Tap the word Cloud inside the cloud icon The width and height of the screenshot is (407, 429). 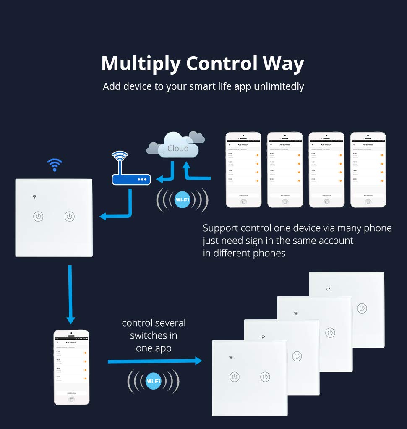[178, 148]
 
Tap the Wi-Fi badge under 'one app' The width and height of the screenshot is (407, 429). [153, 381]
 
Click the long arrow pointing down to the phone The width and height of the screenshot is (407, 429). [70, 294]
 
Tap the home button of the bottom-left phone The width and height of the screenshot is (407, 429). [71, 399]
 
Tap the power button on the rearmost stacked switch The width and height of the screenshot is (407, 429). [362, 309]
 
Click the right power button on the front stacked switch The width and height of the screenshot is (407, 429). [265, 377]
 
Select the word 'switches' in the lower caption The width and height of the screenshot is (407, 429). [154, 335]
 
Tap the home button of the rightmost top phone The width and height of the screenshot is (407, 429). [368, 201]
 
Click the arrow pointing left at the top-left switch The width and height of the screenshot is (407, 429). [115, 216]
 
